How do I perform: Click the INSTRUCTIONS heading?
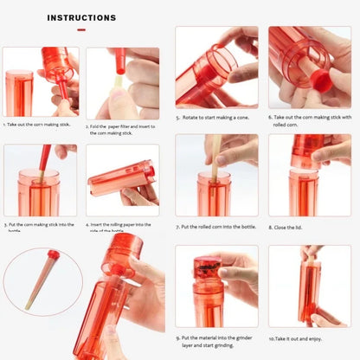click(x=81, y=17)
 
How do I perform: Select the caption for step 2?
click(x=122, y=129)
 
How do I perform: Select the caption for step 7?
click(x=217, y=227)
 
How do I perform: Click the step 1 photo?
click(x=41, y=82)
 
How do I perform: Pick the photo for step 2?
click(x=122, y=83)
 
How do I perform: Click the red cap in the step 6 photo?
click(x=320, y=83)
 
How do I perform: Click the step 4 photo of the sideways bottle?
click(x=122, y=180)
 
